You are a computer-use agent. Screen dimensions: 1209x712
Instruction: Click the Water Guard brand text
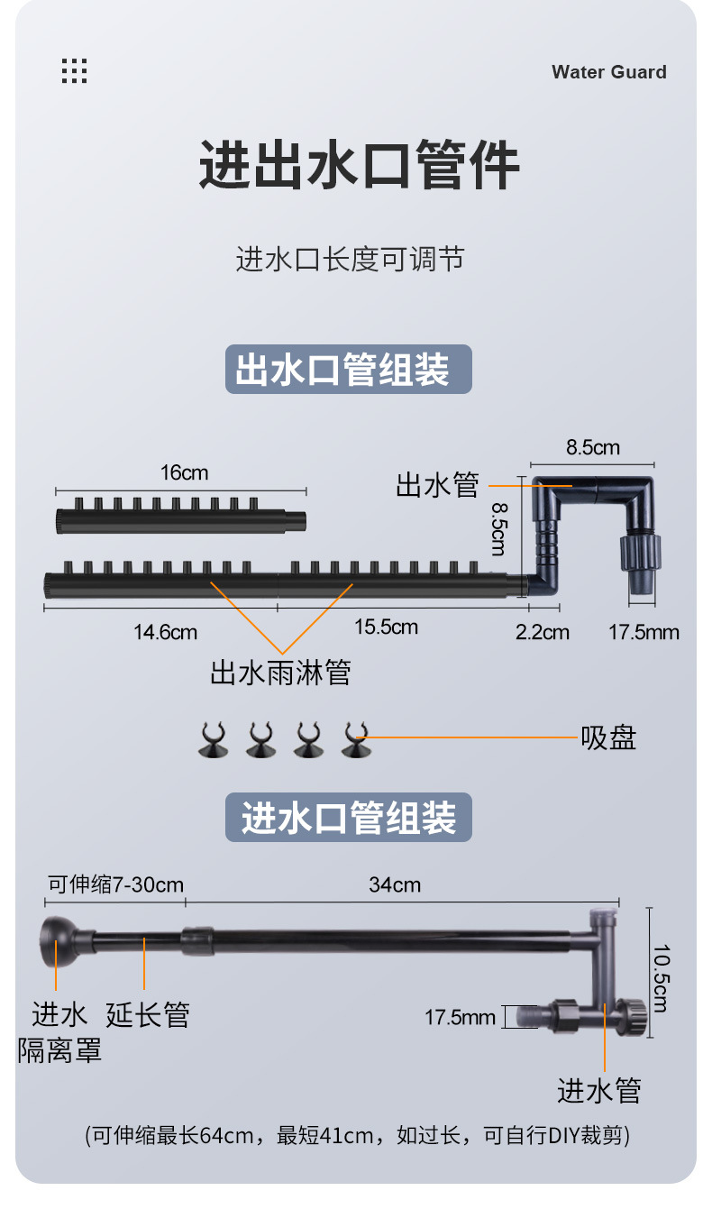click(x=609, y=72)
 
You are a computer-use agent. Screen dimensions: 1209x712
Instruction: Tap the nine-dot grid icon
click(x=75, y=71)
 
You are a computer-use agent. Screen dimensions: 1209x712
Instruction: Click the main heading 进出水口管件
click(x=359, y=165)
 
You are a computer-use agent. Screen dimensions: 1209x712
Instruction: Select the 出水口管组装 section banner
click(x=348, y=369)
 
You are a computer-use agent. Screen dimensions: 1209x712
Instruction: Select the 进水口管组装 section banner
click(x=348, y=818)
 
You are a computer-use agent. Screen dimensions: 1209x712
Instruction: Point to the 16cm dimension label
click(x=184, y=472)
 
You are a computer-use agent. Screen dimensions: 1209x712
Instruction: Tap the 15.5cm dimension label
click(x=386, y=627)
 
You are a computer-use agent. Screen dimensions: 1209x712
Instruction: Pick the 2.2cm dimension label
click(x=542, y=632)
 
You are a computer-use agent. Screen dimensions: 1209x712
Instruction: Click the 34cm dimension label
click(x=395, y=884)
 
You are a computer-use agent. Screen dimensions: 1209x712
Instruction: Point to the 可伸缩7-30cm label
click(x=114, y=884)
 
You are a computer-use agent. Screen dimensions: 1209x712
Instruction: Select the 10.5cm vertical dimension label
click(x=660, y=977)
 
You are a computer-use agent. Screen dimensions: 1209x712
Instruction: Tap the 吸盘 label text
click(x=608, y=737)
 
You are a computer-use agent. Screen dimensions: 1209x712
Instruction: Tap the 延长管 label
click(x=148, y=1014)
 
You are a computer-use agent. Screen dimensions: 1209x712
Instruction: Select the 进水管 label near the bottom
click(x=598, y=1090)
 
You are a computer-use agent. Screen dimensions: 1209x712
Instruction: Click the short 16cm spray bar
click(x=180, y=518)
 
